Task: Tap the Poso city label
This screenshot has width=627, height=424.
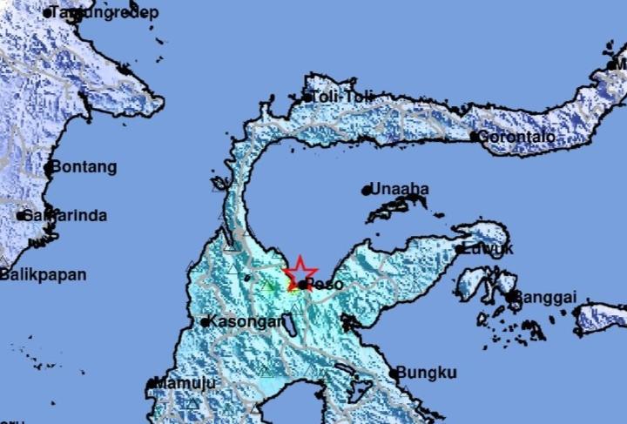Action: [x=323, y=284]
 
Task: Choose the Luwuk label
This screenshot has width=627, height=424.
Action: [x=489, y=249]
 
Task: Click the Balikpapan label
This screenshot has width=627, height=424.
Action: [x=44, y=275]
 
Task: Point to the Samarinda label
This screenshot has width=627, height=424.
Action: [x=64, y=215]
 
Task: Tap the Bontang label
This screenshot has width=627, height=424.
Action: [x=84, y=166]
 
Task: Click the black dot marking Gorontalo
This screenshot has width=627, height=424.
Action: [x=474, y=137]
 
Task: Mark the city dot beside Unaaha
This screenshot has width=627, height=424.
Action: [x=367, y=190]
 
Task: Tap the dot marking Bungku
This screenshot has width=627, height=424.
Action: [x=394, y=374]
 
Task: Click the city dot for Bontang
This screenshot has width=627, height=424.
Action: [x=49, y=167]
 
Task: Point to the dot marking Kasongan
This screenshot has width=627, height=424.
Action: [x=205, y=322]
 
